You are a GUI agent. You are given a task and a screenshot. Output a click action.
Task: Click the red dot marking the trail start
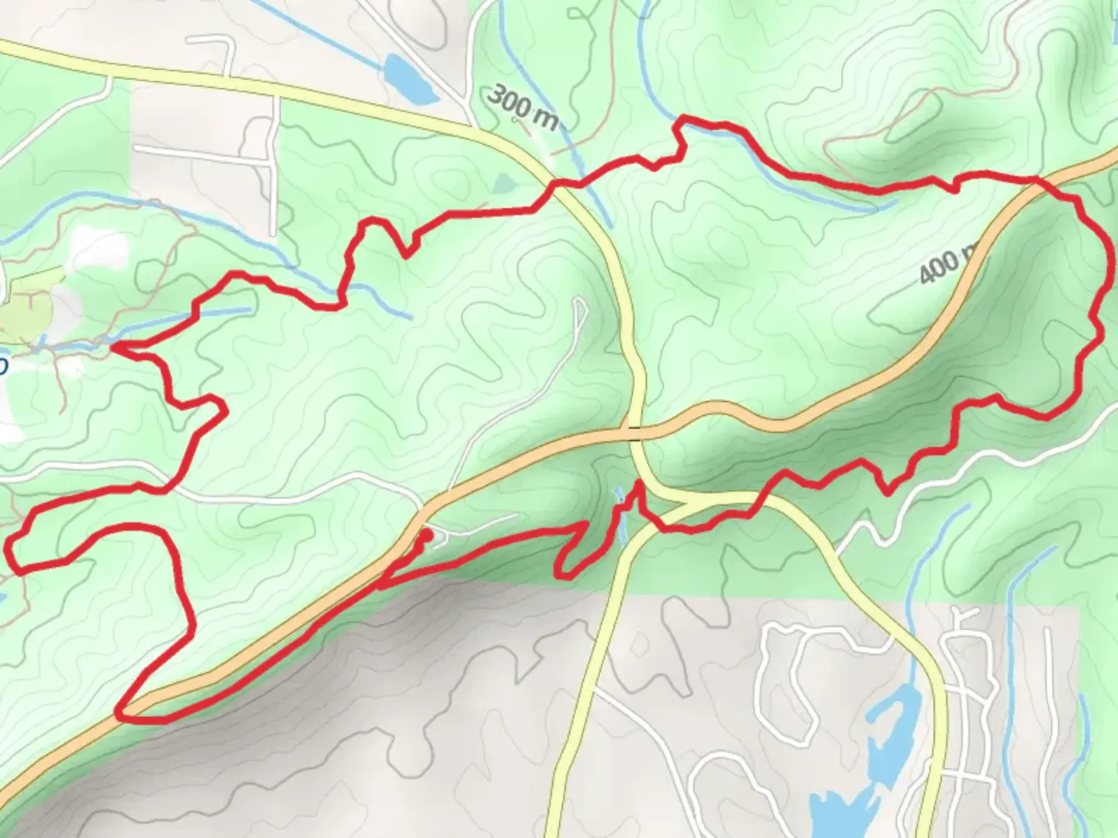426,535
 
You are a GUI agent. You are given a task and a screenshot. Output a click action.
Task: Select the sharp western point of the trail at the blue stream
114,348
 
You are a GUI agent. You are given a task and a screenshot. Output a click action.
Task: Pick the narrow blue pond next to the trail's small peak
622,512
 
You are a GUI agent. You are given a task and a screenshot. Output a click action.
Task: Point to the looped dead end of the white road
580,306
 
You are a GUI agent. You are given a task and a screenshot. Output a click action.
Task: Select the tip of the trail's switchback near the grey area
563,575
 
